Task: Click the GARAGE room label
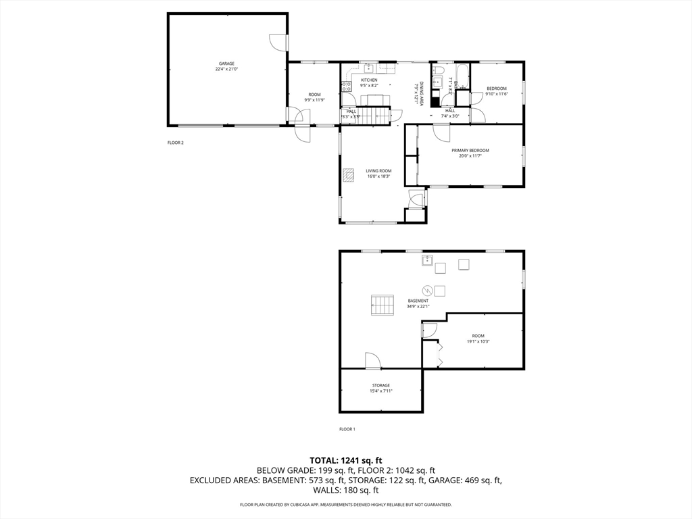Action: coord(226,64)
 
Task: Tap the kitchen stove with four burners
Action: coord(346,86)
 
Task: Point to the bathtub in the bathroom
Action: coord(463,76)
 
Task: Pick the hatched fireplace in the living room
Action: coord(348,175)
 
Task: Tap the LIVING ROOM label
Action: coord(378,171)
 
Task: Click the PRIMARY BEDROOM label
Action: coord(470,150)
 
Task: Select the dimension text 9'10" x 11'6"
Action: coord(496,94)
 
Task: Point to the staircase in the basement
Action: coord(382,305)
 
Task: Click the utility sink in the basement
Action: coord(427,259)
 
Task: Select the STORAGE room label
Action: coord(380,385)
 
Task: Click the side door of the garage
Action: coord(278,42)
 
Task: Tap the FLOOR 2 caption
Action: coord(176,143)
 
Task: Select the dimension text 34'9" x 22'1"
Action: coord(418,306)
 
